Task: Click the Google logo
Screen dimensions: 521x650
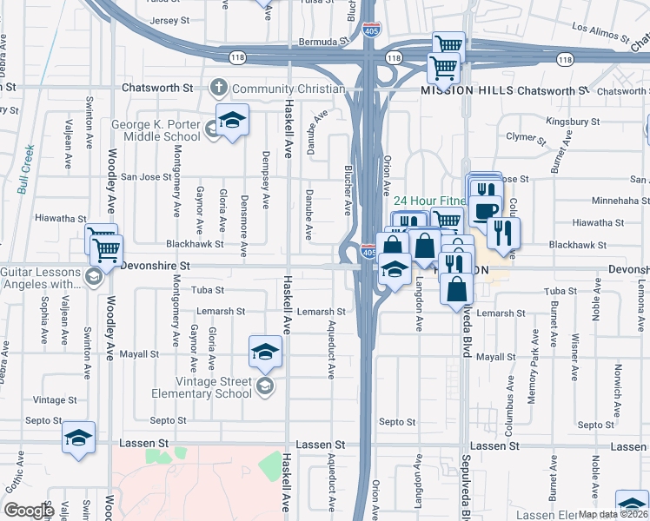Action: click(x=29, y=511)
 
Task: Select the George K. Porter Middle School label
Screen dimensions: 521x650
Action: click(x=156, y=130)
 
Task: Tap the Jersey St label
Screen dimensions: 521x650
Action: click(x=169, y=20)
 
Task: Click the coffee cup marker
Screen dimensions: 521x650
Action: click(x=485, y=210)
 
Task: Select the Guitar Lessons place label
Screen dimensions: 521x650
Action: click(x=43, y=278)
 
